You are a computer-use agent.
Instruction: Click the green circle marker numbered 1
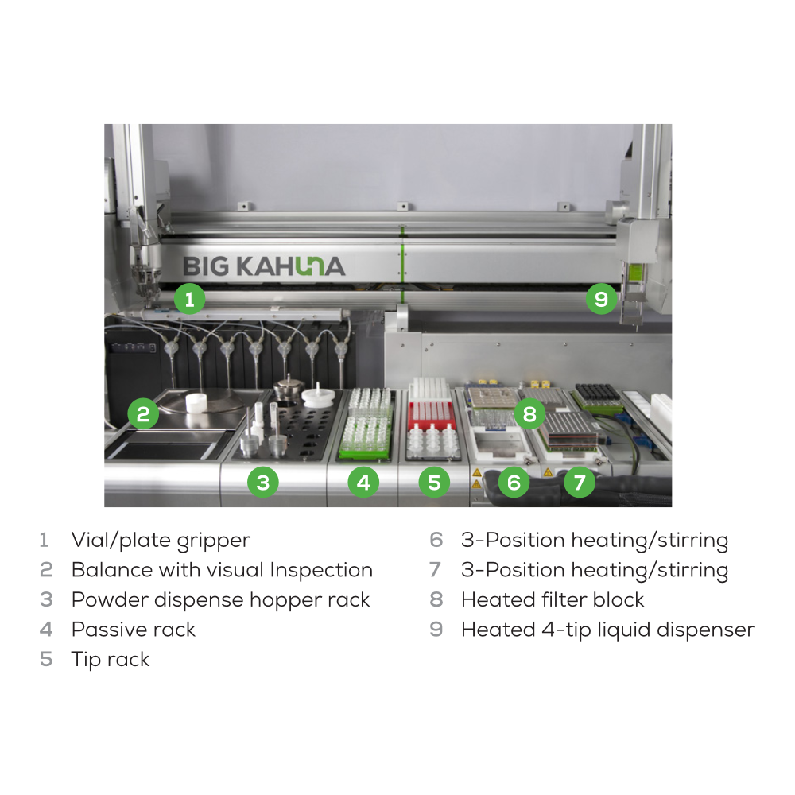[x=190, y=299]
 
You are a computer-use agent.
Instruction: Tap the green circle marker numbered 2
[x=143, y=413]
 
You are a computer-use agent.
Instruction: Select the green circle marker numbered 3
[x=262, y=482]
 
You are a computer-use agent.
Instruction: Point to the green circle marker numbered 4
[x=363, y=482]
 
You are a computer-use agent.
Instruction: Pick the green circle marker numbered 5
[x=434, y=482]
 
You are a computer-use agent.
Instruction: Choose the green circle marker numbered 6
[x=514, y=482]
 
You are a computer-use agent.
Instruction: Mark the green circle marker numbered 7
[x=579, y=482]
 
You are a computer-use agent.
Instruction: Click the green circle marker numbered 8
[x=529, y=413]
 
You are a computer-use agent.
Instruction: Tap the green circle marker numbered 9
[x=601, y=299]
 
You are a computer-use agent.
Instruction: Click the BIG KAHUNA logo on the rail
[x=264, y=266]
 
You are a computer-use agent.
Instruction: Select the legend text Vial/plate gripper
[x=161, y=541]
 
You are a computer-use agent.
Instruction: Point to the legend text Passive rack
[x=134, y=630]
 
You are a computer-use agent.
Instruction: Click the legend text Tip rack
[x=111, y=660]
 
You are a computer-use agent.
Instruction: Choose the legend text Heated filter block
[x=553, y=599]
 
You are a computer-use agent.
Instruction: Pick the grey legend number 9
[x=436, y=630]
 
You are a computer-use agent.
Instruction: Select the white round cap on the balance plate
[x=196, y=402]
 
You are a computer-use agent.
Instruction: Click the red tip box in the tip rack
[x=430, y=412]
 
